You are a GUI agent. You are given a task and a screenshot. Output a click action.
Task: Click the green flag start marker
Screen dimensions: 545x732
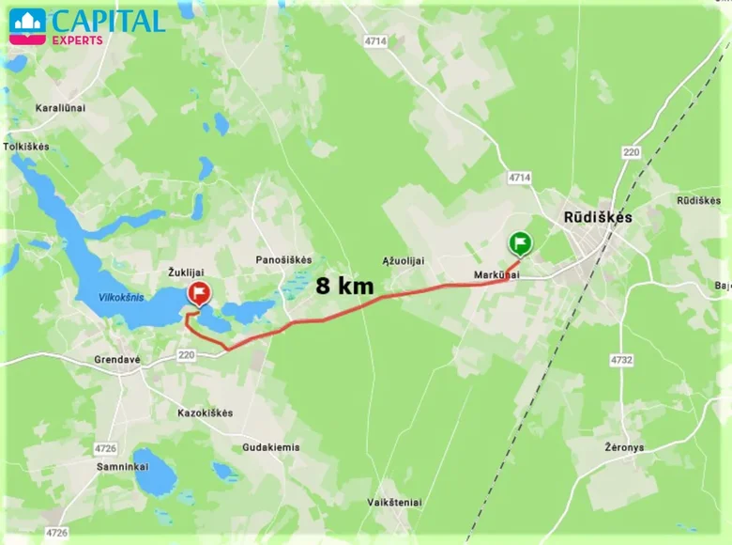coord(519,244)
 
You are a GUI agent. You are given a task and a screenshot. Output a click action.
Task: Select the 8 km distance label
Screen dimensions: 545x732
coord(344,286)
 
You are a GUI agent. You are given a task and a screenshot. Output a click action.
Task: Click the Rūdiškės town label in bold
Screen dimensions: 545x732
coord(598,217)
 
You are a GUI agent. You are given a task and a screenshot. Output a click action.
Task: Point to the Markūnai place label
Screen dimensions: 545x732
coord(496,275)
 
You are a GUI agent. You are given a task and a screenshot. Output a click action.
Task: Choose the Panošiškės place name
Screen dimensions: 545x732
coord(283,259)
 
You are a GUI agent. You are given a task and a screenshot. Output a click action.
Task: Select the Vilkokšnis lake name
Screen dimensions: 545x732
coord(123,298)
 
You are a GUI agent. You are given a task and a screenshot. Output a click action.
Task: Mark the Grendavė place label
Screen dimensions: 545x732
coord(117,360)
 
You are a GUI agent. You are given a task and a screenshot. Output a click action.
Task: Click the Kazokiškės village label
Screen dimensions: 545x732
coord(206,413)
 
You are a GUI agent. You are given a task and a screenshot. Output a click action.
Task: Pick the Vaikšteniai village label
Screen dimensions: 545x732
coord(394,504)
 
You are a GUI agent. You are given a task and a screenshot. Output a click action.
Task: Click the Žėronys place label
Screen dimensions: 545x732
coord(624,447)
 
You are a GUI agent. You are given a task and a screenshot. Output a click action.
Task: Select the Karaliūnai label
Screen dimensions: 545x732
coord(60,108)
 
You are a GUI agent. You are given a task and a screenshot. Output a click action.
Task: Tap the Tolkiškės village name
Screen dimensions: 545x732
coord(26,147)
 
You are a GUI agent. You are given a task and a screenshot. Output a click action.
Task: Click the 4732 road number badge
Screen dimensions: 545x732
coord(621,360)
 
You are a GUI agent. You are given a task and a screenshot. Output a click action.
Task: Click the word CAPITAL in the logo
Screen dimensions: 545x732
coord(107,21)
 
